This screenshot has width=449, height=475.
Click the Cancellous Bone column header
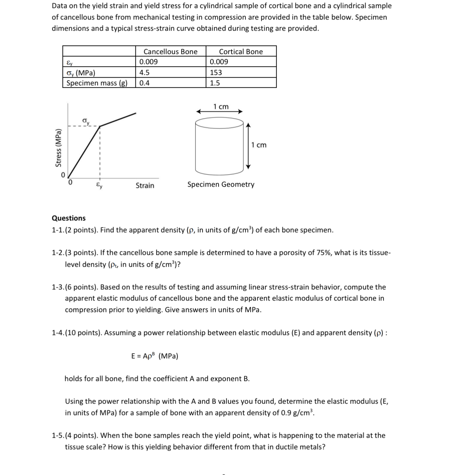(170, 52)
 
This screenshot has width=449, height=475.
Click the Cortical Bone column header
(241, 52)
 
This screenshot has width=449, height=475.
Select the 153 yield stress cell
(216, 72)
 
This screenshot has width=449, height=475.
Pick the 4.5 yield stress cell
(144, 72)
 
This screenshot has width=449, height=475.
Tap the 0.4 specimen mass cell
(144, 83)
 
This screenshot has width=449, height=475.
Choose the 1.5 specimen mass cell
(215, 83)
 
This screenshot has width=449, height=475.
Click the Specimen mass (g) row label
(97, 83)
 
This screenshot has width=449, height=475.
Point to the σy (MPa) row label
(81, 73)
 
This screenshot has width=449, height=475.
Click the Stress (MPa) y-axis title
(58, 148)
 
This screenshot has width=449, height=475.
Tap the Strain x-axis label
(145, 185)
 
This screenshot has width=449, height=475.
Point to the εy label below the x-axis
(99, 185)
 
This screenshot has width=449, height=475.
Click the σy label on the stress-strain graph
(86, 121)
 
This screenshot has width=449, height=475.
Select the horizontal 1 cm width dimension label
(221, 107)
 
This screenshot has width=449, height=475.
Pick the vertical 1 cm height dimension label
(259, 145)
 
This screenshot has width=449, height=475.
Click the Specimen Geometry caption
(221, 184)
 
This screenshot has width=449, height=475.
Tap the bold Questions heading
(69, 218)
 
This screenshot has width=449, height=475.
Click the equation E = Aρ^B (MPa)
(155, 356)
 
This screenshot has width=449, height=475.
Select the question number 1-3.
(58, 287)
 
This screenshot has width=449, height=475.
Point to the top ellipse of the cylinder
(219, 123)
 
